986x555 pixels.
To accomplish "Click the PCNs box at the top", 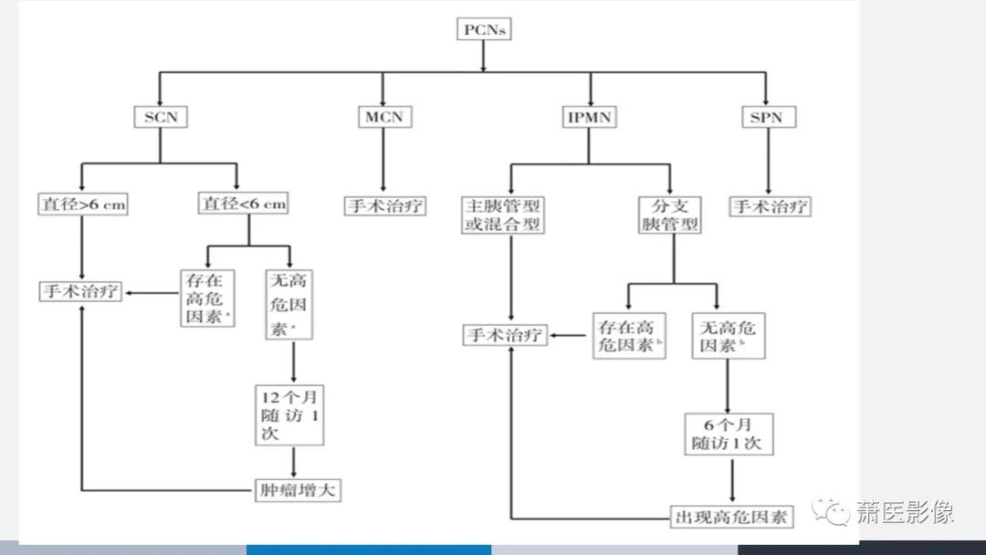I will [483, 30].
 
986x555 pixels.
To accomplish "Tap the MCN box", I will [383, 117].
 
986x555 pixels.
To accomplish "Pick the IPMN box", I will [589, 117].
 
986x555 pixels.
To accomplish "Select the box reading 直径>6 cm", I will [82, 204].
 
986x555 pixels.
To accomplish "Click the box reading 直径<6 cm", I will [243, 204].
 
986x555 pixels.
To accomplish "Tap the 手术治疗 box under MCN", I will [384, 205].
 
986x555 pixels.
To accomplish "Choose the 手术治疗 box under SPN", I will [770, 205].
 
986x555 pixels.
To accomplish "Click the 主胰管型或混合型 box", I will [503, 215].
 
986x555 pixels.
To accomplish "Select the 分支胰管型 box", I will [670, 215].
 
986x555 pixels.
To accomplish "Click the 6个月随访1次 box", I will [729, 434].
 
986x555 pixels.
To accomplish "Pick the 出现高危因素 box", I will [731, 517].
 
